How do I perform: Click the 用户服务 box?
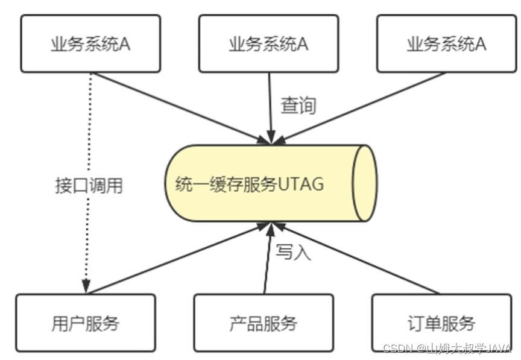(x=85, y=323)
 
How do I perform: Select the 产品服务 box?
(x=263, y=323)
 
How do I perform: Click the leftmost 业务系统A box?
(x=90, y=44)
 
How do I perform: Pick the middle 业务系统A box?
(x=268, y=44)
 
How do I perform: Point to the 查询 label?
(x=298, y=106)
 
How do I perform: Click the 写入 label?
(x=294, y=252)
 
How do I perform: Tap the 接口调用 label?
(x=89, y=186)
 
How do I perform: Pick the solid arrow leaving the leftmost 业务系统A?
(x=181, y=109)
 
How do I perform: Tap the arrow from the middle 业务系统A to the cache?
(x=270, y=109)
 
